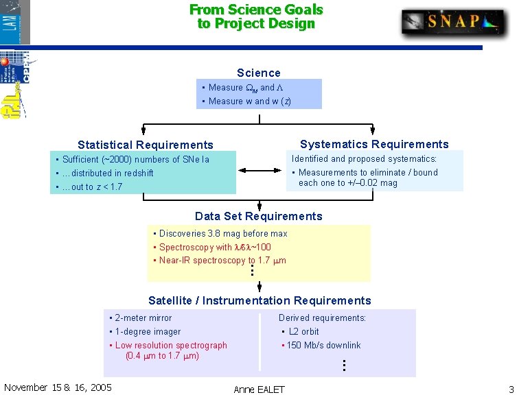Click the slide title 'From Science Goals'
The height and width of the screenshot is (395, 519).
(256, 10)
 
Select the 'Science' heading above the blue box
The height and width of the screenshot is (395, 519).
(259, 73)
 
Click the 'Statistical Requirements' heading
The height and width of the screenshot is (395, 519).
(146, 145)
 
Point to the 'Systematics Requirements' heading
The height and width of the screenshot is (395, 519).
(374, 144)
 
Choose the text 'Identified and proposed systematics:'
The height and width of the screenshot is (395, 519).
(364, 159)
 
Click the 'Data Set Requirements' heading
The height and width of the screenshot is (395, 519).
(259, 217)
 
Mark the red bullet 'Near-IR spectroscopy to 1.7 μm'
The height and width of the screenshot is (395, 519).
(222, 261)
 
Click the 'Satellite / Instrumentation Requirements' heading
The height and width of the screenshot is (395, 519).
(259, 300)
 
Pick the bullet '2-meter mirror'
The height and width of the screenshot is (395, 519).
(143, 318)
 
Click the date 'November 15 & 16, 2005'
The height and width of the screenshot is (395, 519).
(58, 387)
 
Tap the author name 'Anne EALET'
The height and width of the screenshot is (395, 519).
(259, 390)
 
